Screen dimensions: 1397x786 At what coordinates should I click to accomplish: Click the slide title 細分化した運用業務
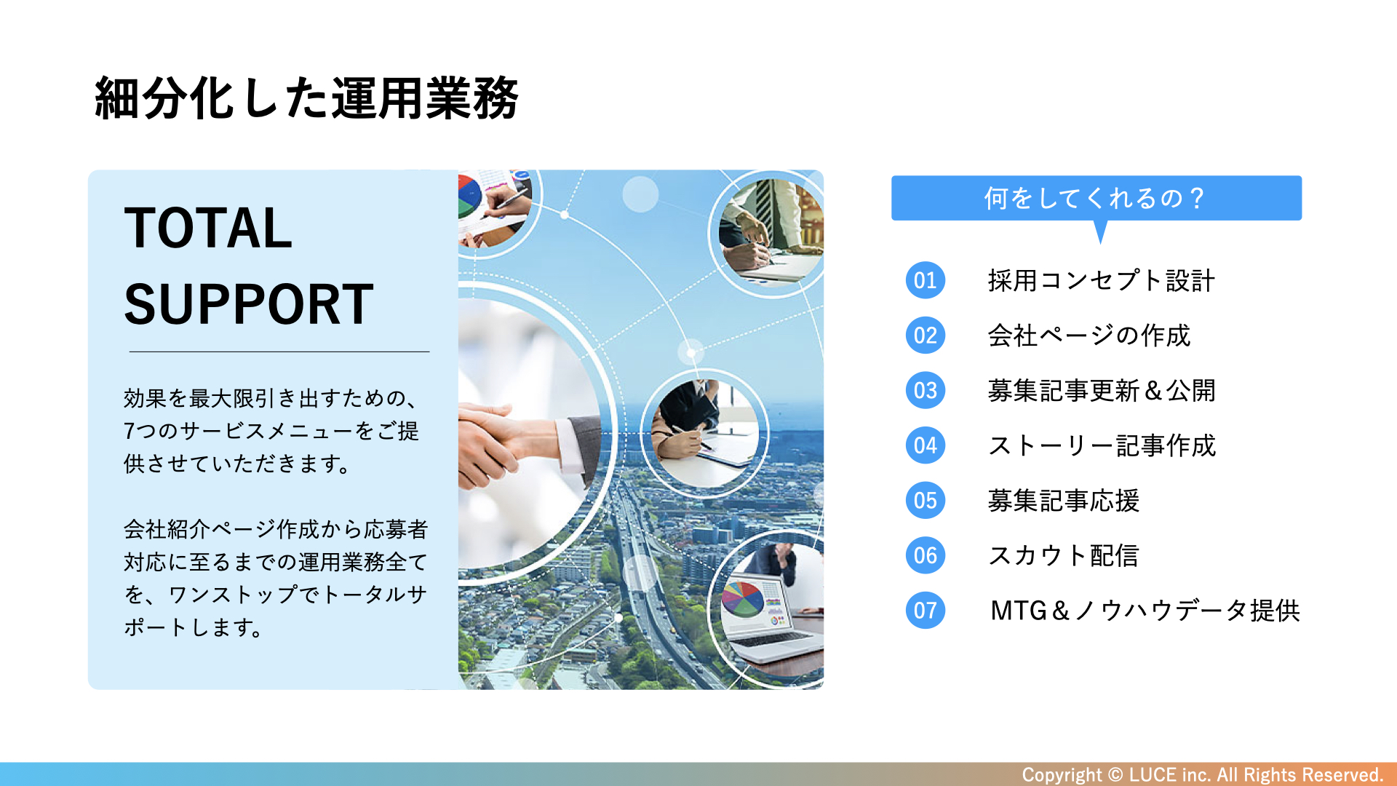(306, 98)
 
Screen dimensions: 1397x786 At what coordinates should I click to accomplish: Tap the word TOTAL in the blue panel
(208, 228)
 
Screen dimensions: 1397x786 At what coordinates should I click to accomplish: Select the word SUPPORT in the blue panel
(249, 304)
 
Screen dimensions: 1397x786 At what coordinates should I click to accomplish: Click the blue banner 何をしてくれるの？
(1096, 198)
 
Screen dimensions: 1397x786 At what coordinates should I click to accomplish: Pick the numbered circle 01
(926, 280)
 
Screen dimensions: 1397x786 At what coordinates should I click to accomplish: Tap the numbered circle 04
(926, 445)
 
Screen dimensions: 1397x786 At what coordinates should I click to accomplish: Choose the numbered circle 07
(926, 611)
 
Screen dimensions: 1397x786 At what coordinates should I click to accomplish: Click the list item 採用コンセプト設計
(1102, 280)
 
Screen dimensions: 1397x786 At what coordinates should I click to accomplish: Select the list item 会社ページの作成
(1089, 336)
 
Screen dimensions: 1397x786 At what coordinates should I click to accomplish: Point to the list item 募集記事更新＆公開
(1102, 391)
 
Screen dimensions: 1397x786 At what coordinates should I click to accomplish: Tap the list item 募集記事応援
(1064, 501)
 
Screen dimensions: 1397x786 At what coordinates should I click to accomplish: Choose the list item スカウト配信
(1064, 556)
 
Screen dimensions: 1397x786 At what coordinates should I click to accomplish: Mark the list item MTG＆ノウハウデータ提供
(1145, 611)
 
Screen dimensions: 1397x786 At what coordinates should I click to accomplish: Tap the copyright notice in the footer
(1202, 774)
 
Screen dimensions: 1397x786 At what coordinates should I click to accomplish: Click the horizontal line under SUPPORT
(279, 352)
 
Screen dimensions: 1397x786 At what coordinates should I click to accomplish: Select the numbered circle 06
(926, 556)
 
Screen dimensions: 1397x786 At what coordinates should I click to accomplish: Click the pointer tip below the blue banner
(1101, 243)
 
